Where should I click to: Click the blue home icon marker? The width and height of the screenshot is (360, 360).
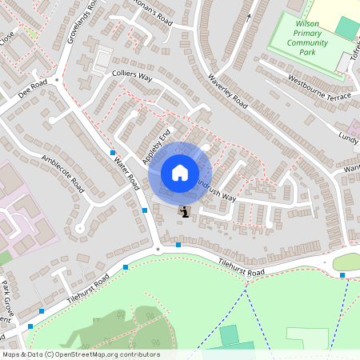(180, 173)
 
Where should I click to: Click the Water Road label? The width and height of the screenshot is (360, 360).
(126, 172)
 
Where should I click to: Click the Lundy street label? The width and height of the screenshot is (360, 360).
(348, 137)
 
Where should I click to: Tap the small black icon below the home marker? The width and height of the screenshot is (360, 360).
(185, 212)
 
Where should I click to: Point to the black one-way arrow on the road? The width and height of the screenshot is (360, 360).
(250, 17)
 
